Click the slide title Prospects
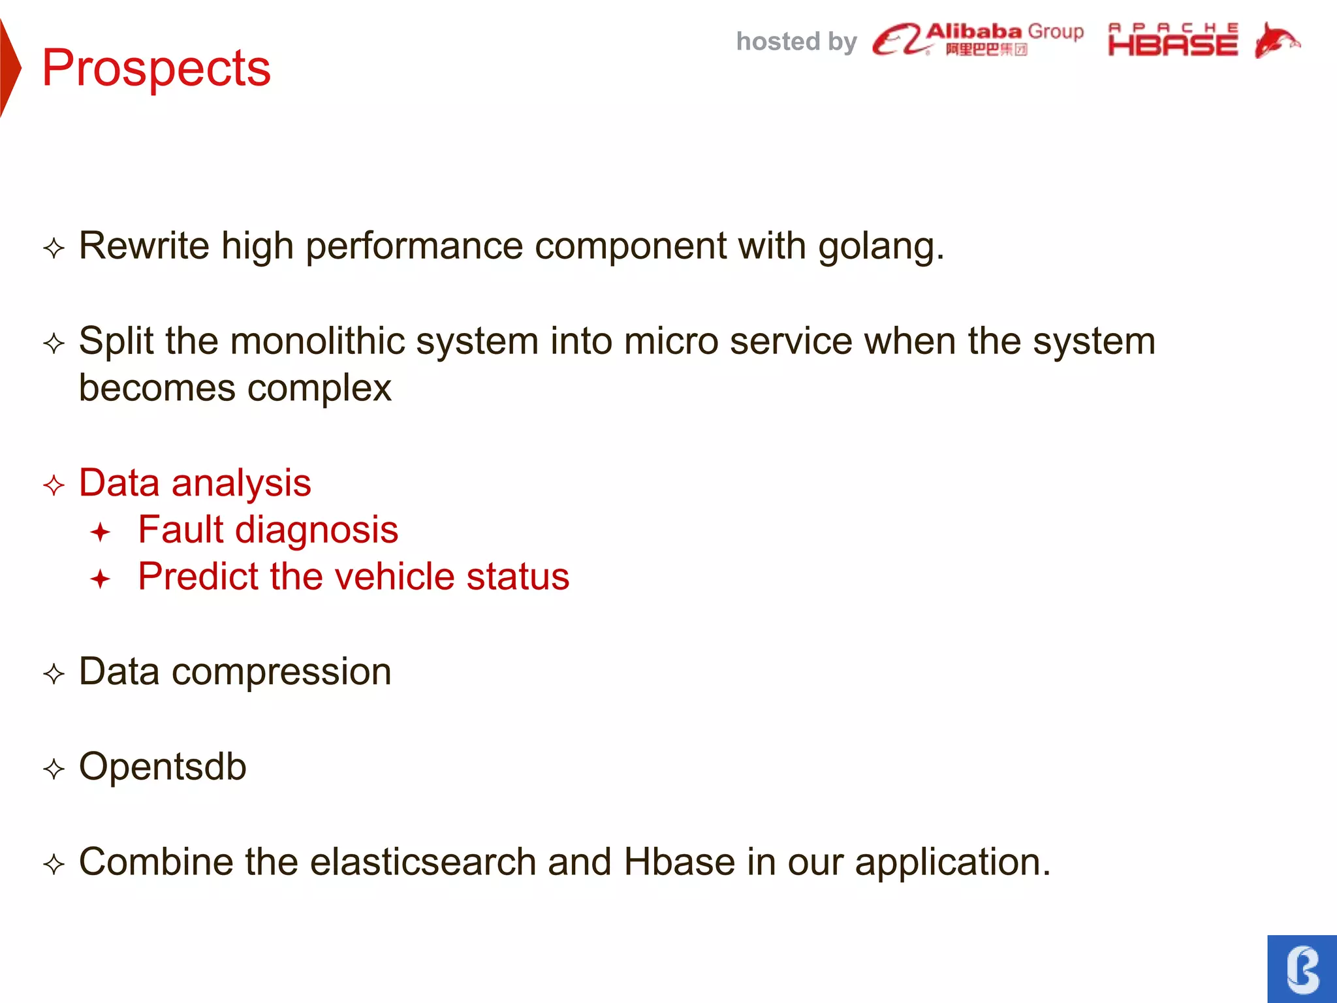tap(156, 68)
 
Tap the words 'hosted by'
tap(796, 42)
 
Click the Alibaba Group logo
tap(977, 40)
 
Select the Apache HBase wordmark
tap(1172, 40)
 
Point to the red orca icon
tap(1276, 40)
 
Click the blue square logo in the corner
tap(1302, 968)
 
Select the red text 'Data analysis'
tap(195, 483)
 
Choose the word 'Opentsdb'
tap(163, 767)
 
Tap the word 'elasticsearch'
tap(422, 862)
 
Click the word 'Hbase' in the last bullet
tap(679, 862)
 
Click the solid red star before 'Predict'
tap(101, 579)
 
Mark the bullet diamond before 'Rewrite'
tap(54, 248)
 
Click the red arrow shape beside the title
tap(10, 68)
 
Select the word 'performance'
tap(414, 247)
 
